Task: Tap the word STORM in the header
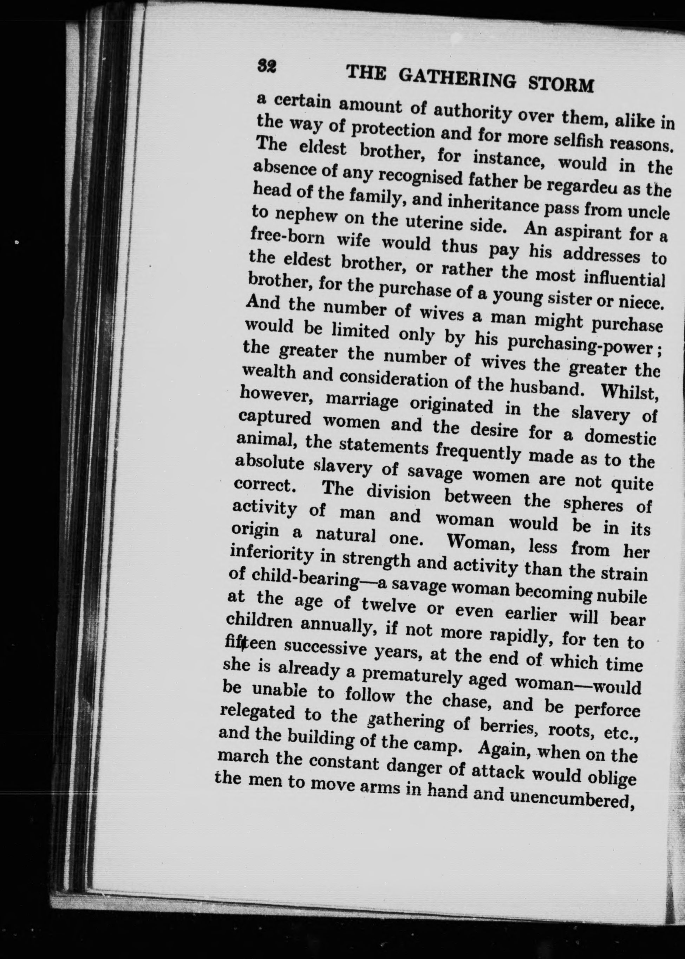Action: (x=561, y=84)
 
